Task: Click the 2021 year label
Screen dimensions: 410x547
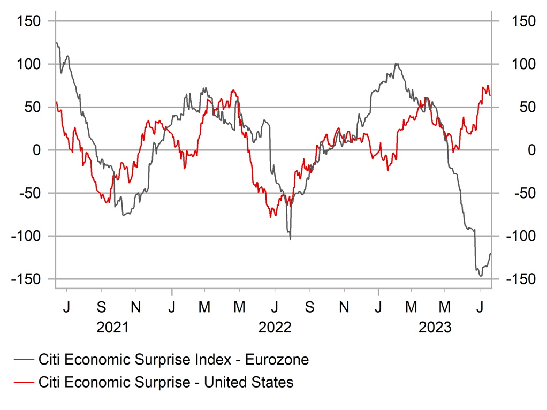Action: click(112, 327)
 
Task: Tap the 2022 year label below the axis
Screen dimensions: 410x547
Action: click(275, 327)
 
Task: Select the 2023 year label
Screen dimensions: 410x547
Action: click(435, 327)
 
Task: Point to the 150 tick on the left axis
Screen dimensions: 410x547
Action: click(30, 21)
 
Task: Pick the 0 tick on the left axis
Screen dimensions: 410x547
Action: click(37, 150)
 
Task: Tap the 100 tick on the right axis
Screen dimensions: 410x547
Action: click(524, 64)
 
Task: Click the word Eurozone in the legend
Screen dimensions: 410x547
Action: click(277, 360)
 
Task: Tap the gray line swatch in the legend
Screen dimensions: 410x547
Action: click(24, 360)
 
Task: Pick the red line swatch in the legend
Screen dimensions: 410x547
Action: click(24, 382)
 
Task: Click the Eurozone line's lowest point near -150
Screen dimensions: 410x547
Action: click(481, 276)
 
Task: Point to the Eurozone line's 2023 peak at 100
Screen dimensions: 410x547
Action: click(396, 64)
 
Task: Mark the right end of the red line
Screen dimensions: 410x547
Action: click(490, 95)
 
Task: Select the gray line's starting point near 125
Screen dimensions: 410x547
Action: click(56, 43)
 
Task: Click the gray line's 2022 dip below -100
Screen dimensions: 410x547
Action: click(290, 239)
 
